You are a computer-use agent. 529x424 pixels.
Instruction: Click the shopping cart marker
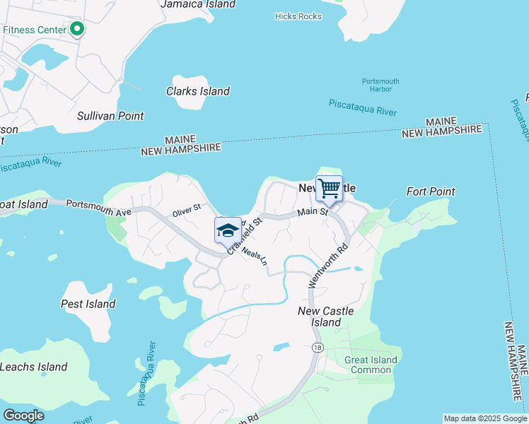pos(329,189)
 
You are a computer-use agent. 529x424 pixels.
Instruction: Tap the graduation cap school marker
pos(228,230)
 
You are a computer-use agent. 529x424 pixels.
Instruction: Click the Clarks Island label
pos(197,91)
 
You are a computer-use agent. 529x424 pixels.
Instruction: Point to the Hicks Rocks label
pos(298,16)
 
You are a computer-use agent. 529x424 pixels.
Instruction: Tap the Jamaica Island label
pos(197,4)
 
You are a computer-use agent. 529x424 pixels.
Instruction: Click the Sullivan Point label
pos(110,116)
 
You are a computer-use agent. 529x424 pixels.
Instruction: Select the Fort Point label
pos(431,192)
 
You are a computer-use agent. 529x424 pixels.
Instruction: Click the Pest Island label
pos(88,304)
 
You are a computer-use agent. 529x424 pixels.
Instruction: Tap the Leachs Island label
pos(33,367)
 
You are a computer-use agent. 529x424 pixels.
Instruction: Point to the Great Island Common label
pos(371,365)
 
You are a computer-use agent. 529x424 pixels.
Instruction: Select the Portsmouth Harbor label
pos(380,86)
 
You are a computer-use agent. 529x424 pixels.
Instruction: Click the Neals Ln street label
pos(255,255)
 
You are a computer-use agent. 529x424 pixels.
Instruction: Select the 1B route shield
pos(317,348)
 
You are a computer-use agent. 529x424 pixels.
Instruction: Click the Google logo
pos(23,415)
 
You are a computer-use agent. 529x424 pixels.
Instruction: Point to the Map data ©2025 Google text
pos(485,418)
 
